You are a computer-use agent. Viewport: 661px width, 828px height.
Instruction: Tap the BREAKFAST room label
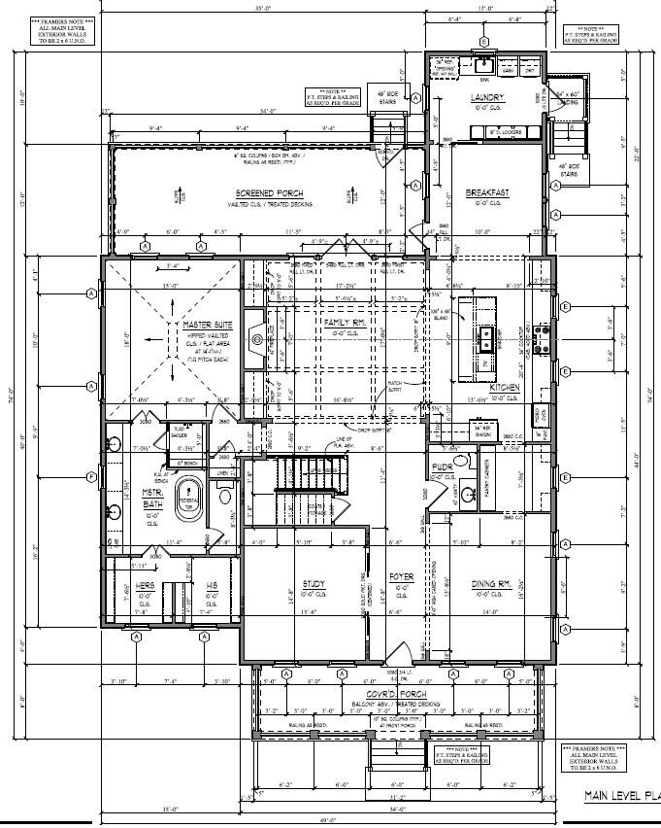click(x=487, y=193)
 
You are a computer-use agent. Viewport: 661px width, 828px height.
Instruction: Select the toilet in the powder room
click(x=460, y=462)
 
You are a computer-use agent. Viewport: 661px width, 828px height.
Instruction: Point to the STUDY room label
click(x=313, y=584)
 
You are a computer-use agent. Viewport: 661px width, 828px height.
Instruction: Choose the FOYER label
click(x=402, y=577)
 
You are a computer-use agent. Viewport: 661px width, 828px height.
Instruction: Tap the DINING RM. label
click(x=491, y=584)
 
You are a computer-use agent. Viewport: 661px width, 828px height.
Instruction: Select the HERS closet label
click(x=145, y=585)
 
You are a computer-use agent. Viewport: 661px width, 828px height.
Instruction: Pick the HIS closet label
click(x=211, y=585)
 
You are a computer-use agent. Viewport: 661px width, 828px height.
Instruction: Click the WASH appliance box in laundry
click(x=508, y=70)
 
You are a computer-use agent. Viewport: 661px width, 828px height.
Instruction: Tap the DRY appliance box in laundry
click(x=530, y=70)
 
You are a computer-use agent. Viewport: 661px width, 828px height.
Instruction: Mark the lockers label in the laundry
click(x=505, y=131)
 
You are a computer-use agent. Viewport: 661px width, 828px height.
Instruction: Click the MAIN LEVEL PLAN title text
click(x=620, y=795)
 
